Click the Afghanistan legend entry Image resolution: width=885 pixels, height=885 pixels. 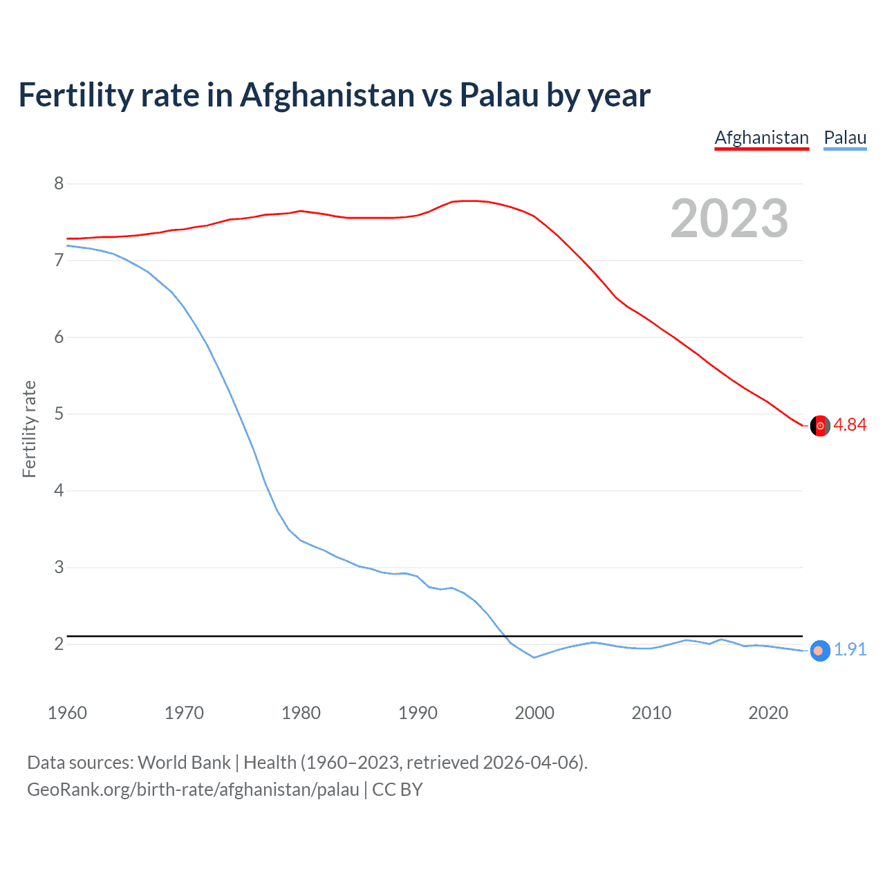click(x=761, y=138)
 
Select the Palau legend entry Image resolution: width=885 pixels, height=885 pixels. click(x=845, y=138)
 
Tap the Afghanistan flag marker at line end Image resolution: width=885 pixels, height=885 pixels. click(x=820, y=426)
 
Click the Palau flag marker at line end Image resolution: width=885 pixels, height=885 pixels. click(x=819, y=651)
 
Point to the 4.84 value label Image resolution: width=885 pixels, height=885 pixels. click(x=850, y=425)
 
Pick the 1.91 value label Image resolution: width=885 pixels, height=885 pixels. click(x=850, y=650)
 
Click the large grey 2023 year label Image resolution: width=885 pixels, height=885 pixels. click(x=729, y=218)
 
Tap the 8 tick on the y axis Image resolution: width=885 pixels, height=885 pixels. click(x=59, y=183)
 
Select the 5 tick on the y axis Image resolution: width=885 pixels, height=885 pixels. click(x=59, y=413)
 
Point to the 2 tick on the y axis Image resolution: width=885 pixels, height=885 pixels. click(x=59, y=644)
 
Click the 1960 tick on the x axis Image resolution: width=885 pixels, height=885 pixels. click(x=67, y=713)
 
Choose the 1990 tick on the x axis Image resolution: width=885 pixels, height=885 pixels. click(x=418, y=713)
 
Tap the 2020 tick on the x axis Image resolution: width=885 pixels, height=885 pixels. click(x=768, y=713)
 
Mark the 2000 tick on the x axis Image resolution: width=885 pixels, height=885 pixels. click(x=534, y=713)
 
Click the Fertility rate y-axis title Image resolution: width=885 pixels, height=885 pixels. click(x=29, y=429)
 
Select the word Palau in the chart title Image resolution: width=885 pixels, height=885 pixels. click(x=499, y=95)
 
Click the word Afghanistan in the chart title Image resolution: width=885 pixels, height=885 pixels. click(x=326, y=95)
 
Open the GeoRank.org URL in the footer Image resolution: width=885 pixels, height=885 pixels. click(x=193, y=790)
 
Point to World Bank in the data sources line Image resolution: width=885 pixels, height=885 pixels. click(x=184, y=763)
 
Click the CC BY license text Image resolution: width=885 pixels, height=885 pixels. click(x=398, y=790)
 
